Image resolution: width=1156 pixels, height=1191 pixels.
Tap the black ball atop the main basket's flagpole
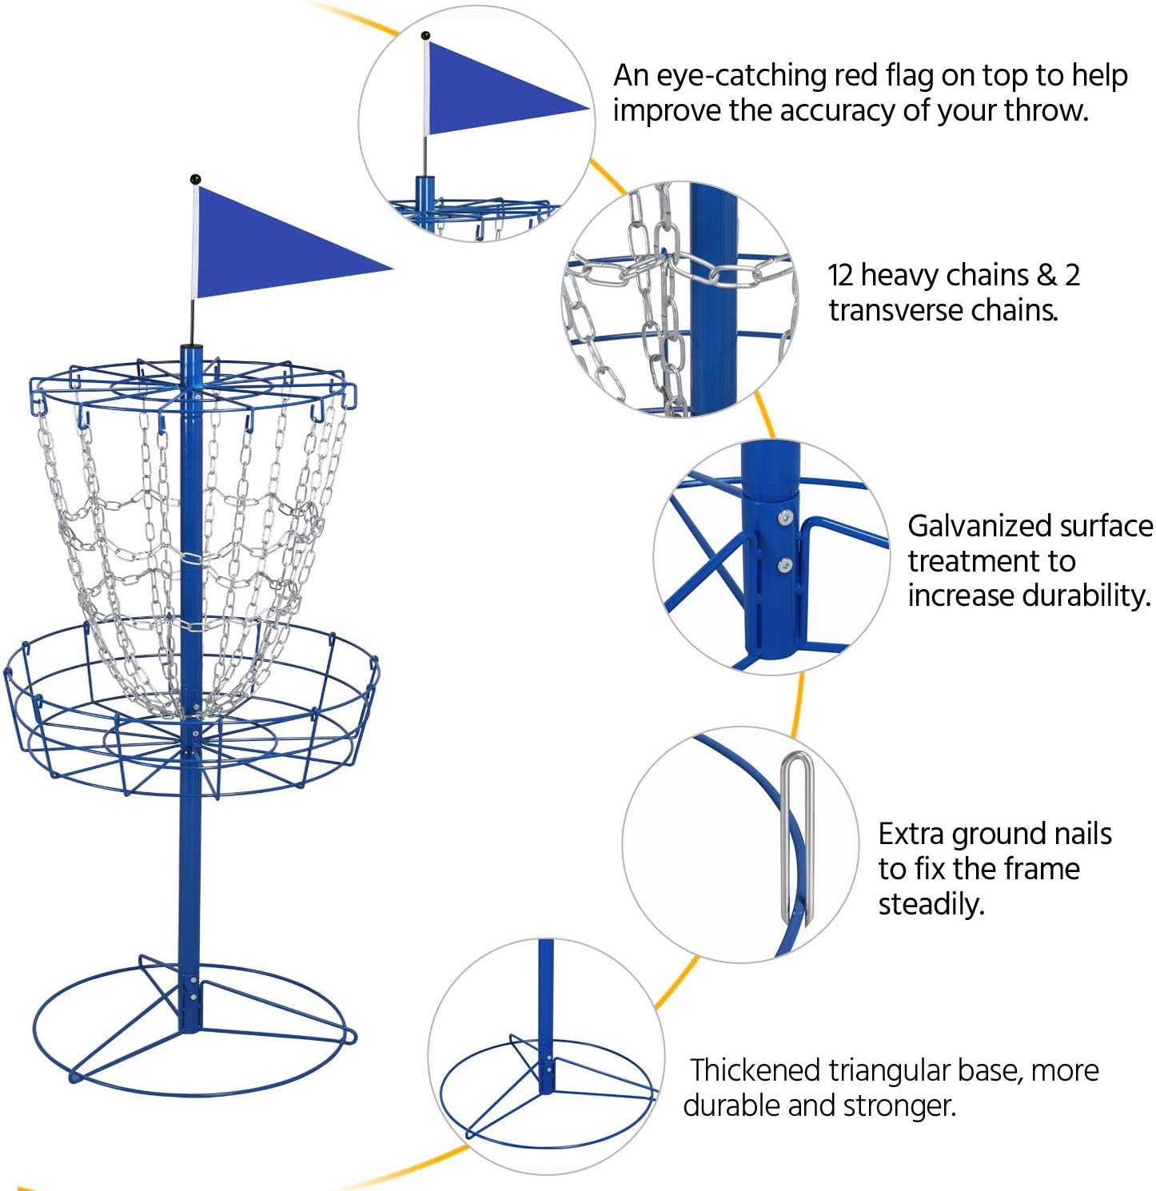195,179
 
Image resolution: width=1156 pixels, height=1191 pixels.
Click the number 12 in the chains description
841,275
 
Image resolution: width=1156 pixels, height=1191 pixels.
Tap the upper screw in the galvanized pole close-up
785,518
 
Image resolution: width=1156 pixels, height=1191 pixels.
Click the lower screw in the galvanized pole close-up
785,565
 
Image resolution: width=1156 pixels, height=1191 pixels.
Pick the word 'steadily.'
931,904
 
